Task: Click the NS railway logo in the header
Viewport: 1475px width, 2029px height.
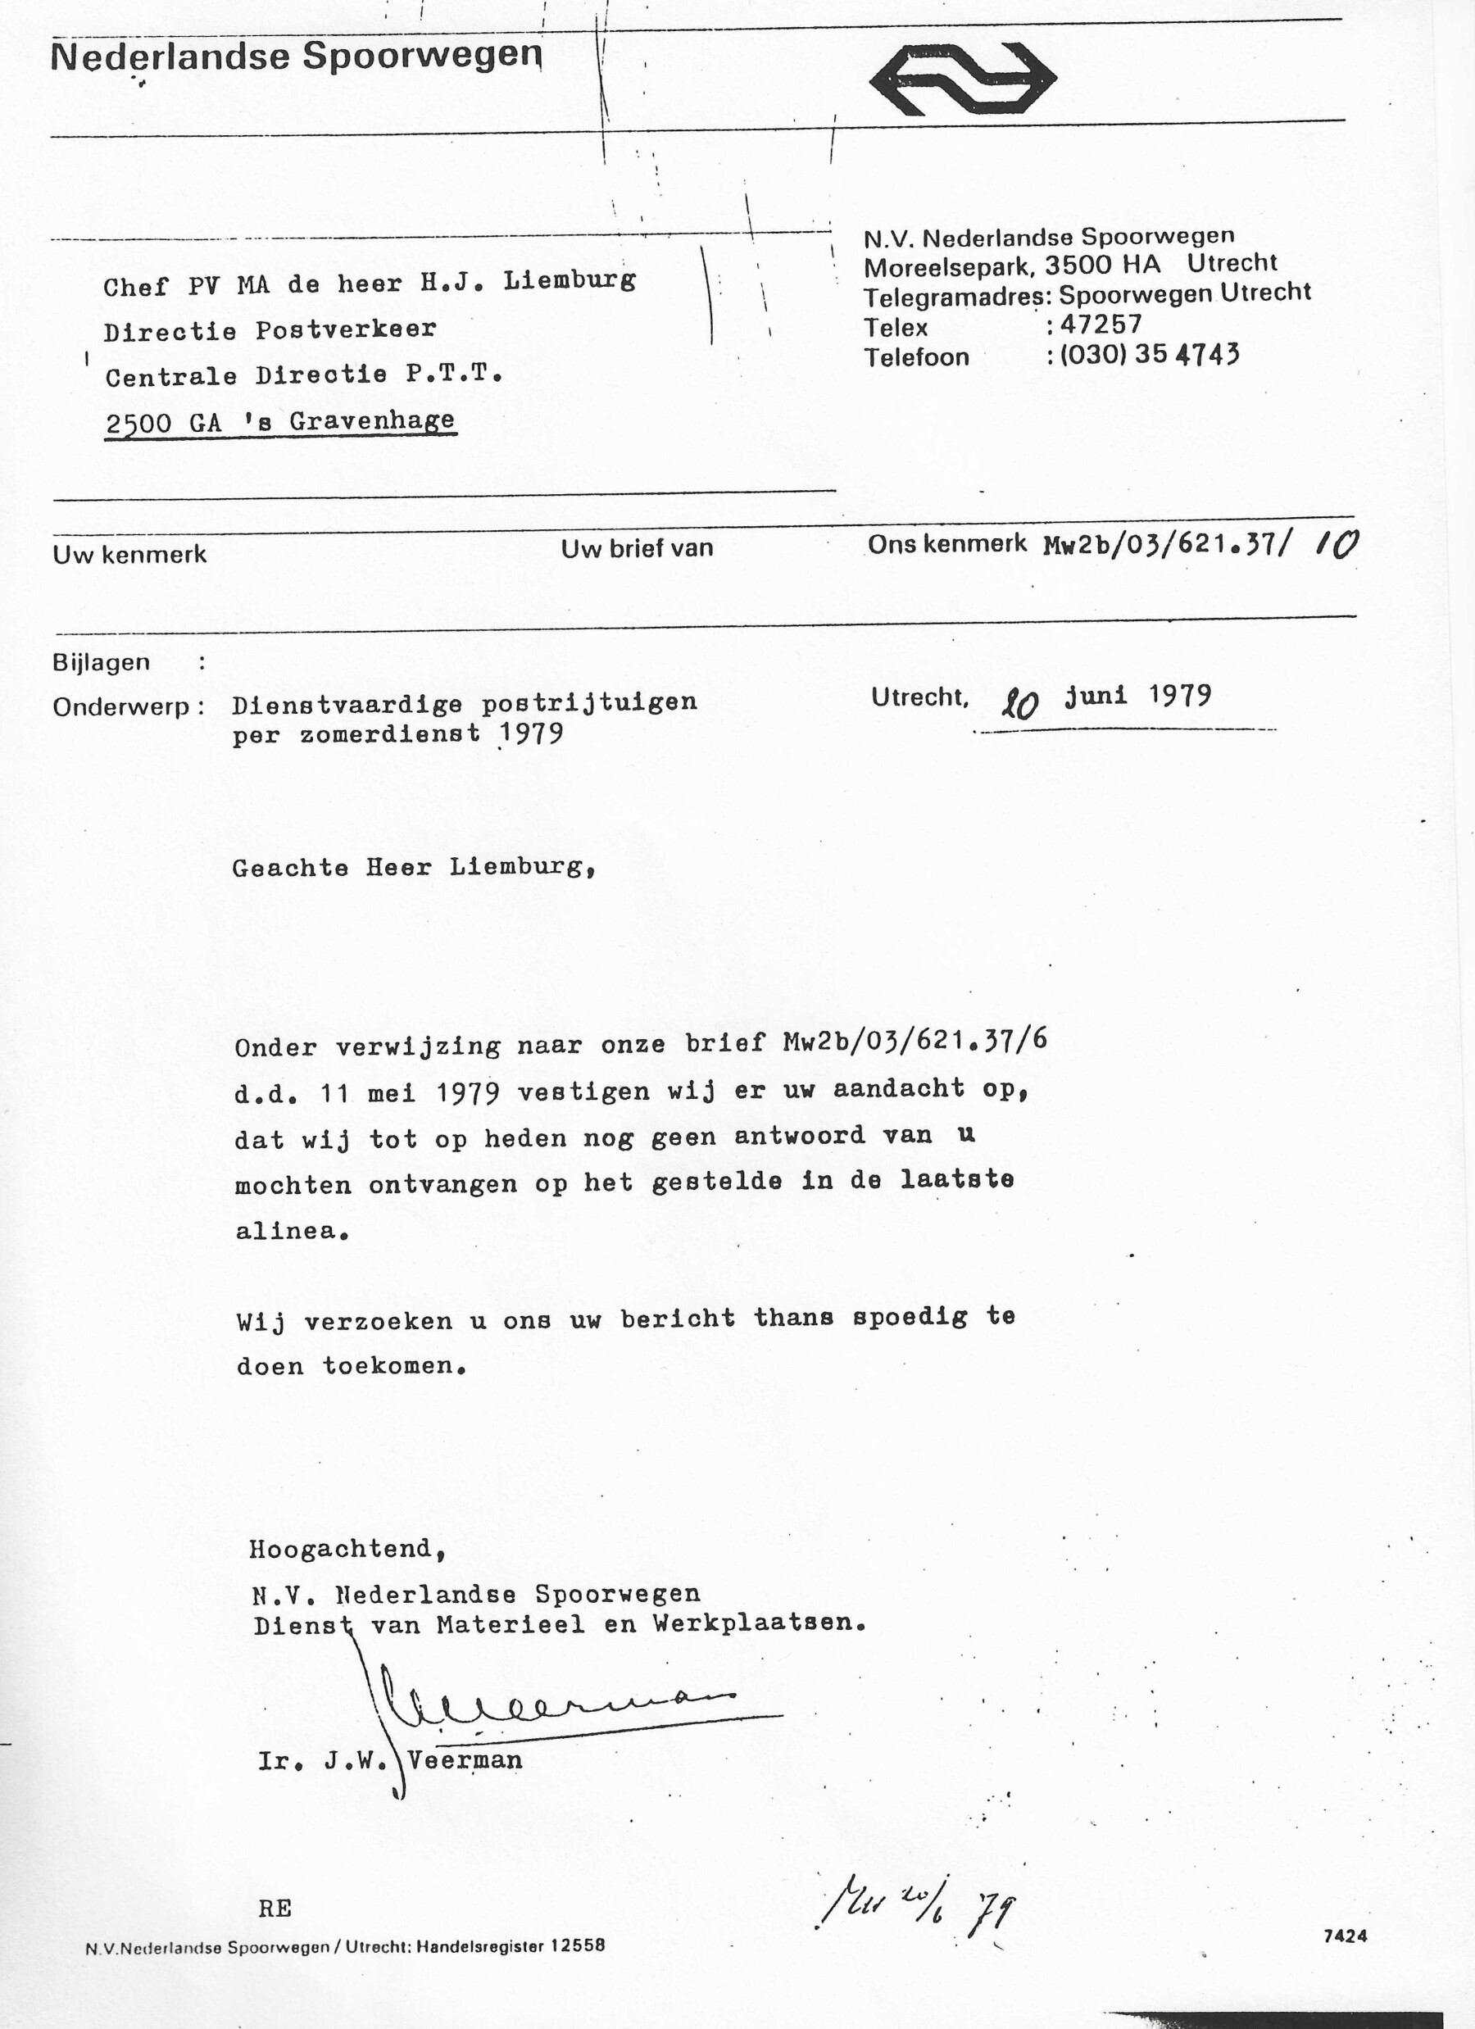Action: (x=963, y=79)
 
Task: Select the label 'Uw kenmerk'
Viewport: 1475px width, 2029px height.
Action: (x=129, y=555)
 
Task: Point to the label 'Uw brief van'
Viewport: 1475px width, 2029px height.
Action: (x=637, y=548)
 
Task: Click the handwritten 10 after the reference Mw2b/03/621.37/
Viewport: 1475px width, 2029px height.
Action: (x=1336, y=544)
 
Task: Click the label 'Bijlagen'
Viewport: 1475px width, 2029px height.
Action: (x=101, y=663)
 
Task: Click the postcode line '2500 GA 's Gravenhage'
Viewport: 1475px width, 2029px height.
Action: (x=280, y=422)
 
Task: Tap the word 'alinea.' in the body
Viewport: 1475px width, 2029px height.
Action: (x=291, y=1231)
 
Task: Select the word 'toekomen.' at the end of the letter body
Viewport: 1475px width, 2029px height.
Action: (x=394, y=1367)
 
